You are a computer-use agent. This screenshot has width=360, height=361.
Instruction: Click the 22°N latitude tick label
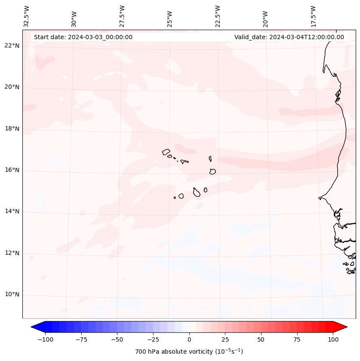pyautogui.click(x=12, y=46)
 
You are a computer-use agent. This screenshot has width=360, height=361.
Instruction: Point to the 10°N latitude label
pyautogui.click(x=12, y=295)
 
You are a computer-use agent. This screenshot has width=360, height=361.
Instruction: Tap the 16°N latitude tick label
pyautogui.click(x=12, y=170)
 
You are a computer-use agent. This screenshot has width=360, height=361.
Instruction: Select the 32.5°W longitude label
pyautogui.click(x=27, y=16)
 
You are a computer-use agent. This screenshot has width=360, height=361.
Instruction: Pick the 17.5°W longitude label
pyautogui.click(x=313, y=16)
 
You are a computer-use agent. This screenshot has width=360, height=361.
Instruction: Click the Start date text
pyautogui.click(x=83, y=37)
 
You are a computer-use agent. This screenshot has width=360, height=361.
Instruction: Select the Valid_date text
pyautogui.click(x=289, y=37)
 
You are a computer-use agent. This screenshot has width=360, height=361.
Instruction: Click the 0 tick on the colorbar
pyautogui.click(x=189, y=339)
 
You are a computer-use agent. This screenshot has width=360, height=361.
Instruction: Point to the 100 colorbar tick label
pyautogui.click(x=333, y=339)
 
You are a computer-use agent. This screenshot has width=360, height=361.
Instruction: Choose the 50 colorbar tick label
pyautogui.click(x=261, y=339)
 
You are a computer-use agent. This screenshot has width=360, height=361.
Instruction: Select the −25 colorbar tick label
pyautogui.click(x=153, y=339)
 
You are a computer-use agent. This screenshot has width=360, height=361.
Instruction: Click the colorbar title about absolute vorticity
pyautogui.click(x=189, y=352)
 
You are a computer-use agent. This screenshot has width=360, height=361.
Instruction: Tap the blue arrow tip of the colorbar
pyautogui.click(x=34, y=327)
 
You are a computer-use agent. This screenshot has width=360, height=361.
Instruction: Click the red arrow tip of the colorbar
pyautogui.click(x=345, y=327)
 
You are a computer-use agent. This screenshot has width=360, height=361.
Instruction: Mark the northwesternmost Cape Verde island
pyautogui.click(x=166, y=152)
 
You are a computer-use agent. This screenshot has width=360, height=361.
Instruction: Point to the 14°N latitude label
pyautogui.click(x=12, y=212)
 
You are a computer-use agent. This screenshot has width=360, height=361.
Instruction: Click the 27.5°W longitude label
pyautogui.click(x=122, y=16)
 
